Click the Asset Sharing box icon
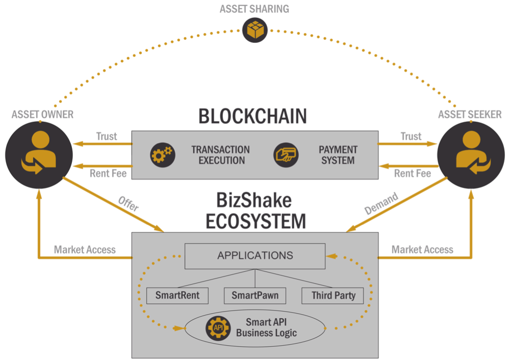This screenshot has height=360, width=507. tap(255, 30)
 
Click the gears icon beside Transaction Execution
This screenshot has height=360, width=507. tap(163, 155)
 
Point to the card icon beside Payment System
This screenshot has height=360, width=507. tap(286, 155)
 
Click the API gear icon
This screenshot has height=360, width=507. tap(218, 328)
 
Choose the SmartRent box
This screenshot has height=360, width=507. tap(177, 295)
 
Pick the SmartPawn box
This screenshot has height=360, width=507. tap(255, 295)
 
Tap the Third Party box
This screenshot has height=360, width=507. tap(333, 295)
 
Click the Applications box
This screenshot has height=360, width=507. tap(255, 256)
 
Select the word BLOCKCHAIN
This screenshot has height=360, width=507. tap(252, 116)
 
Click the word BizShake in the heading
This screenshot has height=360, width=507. tap(254, 200)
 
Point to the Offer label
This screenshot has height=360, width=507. tap(129, 203)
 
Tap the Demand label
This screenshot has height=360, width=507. tap(381, 203)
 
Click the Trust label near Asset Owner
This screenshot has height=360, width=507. tap(107, 136)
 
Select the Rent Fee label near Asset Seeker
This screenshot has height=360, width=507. tap(413, 173)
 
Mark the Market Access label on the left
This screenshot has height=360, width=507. tap(85, 249)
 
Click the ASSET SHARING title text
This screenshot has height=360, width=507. tap(255, 9)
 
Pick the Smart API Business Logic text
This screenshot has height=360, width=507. tap(266, 327)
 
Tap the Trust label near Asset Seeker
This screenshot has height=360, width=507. tap(411, 136)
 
